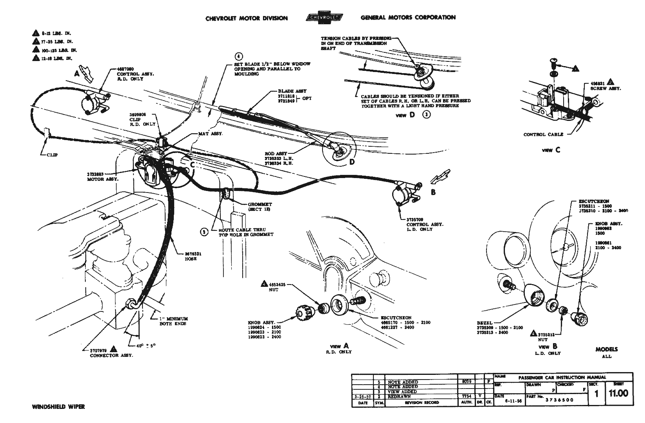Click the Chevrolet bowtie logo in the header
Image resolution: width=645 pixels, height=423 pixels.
coord(324,18)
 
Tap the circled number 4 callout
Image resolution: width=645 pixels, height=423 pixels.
coord(239,56)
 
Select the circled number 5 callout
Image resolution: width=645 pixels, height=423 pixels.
coord(204,232)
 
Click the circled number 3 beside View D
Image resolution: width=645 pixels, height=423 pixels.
coord(427,115)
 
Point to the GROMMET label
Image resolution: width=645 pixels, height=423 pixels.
coord(259,205)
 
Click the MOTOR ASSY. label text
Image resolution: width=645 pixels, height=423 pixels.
coord(101,179)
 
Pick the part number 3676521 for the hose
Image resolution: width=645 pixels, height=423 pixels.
coord(194,254)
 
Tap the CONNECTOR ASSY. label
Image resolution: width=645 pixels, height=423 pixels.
coord(111,356)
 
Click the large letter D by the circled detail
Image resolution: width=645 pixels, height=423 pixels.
coord(352,162)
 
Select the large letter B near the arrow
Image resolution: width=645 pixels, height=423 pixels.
coord(433,192)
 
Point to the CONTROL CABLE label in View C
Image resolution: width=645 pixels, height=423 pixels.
coord(543,135)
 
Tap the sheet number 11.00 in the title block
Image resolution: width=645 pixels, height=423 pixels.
coord(618,393)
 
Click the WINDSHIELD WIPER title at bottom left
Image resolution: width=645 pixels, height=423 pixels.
coord(58,407)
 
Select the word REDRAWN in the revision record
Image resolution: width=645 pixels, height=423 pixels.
coord(399,396)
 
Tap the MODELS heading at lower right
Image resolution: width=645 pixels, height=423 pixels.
coord(606,349)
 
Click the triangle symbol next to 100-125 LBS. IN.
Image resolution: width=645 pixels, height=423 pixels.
coord(36,50)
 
